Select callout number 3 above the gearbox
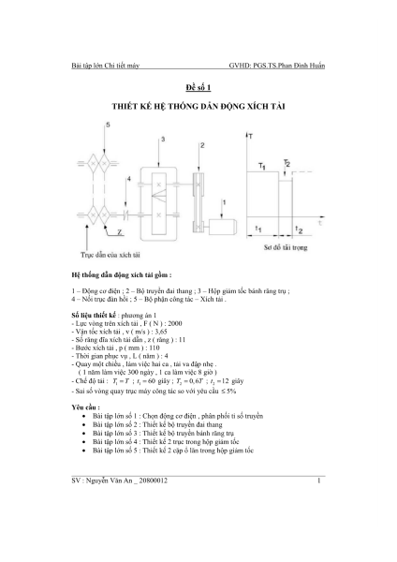[164, 138]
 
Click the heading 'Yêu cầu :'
[86, 407]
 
